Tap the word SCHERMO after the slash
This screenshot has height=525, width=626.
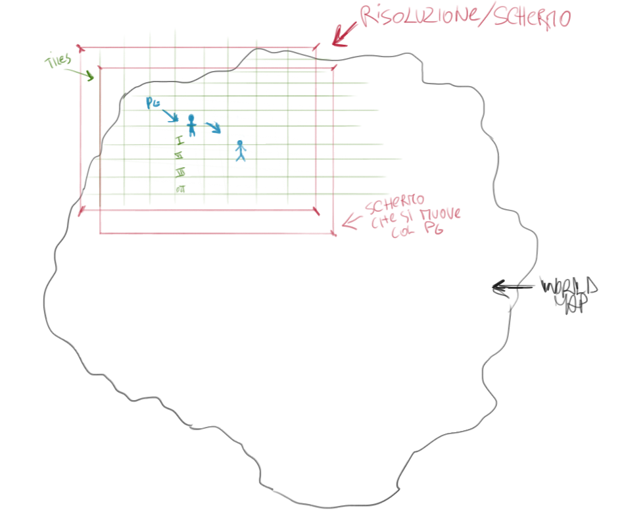pyautogui.click(x=531, y=18)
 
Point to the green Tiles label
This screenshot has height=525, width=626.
pyautogui.click(x=58, y=62)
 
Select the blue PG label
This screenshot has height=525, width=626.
pyautogui.click(x=153, y=103)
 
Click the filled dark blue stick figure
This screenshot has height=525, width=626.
pyautogui.click(x=191, y=124)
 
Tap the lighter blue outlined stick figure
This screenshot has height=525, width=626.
pyautogui.click(x=240, y=151)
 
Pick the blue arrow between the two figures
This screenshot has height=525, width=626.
pyautogui.click(x=213, y=127)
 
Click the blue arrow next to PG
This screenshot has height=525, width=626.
pyautogui.click(x=170, y=116)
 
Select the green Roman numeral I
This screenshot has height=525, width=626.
pyautogui.click(x=180, y=140)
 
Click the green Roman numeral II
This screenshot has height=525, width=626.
pyautogui.click(x=178, y=156)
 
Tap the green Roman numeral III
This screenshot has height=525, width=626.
pyautogui.click(x=180, y=173)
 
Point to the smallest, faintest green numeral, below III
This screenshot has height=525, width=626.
pyautogui.click(x=180, y=189)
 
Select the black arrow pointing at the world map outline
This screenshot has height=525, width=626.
pyautogui.click(x=512, y=287)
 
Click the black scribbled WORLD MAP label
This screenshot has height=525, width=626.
pyautogui.click(x=569, y=294)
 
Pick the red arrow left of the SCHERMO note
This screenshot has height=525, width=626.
pyautogui.click(x=349, y=222)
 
